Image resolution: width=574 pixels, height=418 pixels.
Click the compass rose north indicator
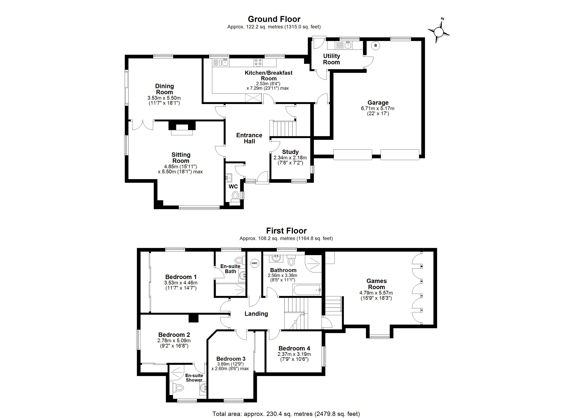[439, 32]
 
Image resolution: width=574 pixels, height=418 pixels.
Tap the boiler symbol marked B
[376, 46]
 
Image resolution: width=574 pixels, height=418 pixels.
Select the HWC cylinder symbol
[254, 263]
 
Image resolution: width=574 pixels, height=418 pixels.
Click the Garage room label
[378, 103]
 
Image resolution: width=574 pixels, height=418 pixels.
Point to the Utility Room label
[332, 59]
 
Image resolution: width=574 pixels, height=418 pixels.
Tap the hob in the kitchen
[258, 63]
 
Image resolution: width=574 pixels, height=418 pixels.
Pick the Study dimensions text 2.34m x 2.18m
[290, 158]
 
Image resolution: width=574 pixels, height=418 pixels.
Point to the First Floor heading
[286, 231]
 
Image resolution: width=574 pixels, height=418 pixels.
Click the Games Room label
[376, 284]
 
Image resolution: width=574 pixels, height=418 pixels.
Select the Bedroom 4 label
[294, 348]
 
